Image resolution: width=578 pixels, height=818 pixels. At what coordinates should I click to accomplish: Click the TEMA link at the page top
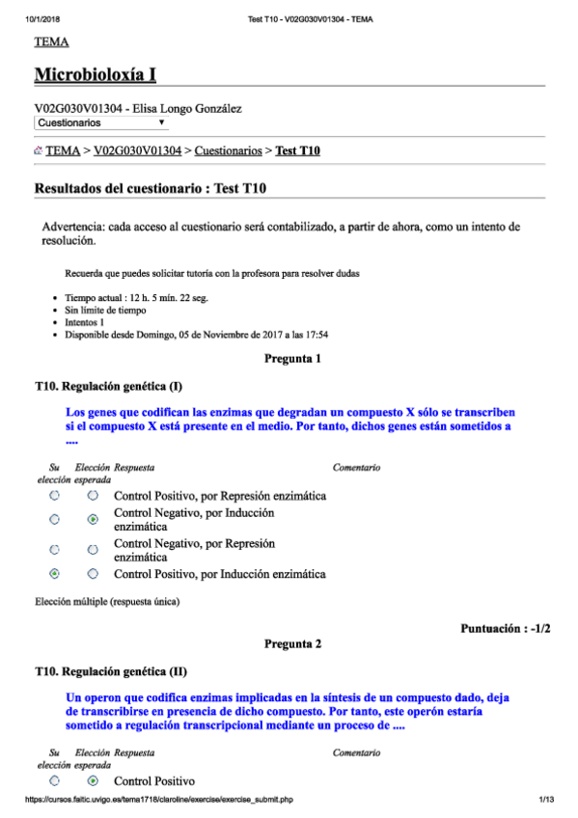50,42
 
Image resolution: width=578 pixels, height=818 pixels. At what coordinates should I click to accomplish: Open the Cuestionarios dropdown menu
101,123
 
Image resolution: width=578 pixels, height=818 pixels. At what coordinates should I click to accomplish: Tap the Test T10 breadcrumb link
298,150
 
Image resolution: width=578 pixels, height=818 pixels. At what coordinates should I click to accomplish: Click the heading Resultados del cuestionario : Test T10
150,190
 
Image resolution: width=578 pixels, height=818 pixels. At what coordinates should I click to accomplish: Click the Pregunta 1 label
292,359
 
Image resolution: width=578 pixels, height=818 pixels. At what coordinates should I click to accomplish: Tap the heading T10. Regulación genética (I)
108,387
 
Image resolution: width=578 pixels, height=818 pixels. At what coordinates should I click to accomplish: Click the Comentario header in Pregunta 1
356,468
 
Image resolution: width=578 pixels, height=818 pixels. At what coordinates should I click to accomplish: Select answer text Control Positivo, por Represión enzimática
220,496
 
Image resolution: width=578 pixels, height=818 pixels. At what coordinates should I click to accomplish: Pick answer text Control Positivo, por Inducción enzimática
219,574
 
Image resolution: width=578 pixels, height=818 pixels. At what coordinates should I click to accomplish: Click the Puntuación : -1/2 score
507,628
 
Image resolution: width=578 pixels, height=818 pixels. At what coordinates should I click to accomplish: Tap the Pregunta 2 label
292,643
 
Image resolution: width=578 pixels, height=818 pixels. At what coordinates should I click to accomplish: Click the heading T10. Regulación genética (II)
110,671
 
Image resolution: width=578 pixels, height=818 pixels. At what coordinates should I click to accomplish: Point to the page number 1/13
546,800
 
